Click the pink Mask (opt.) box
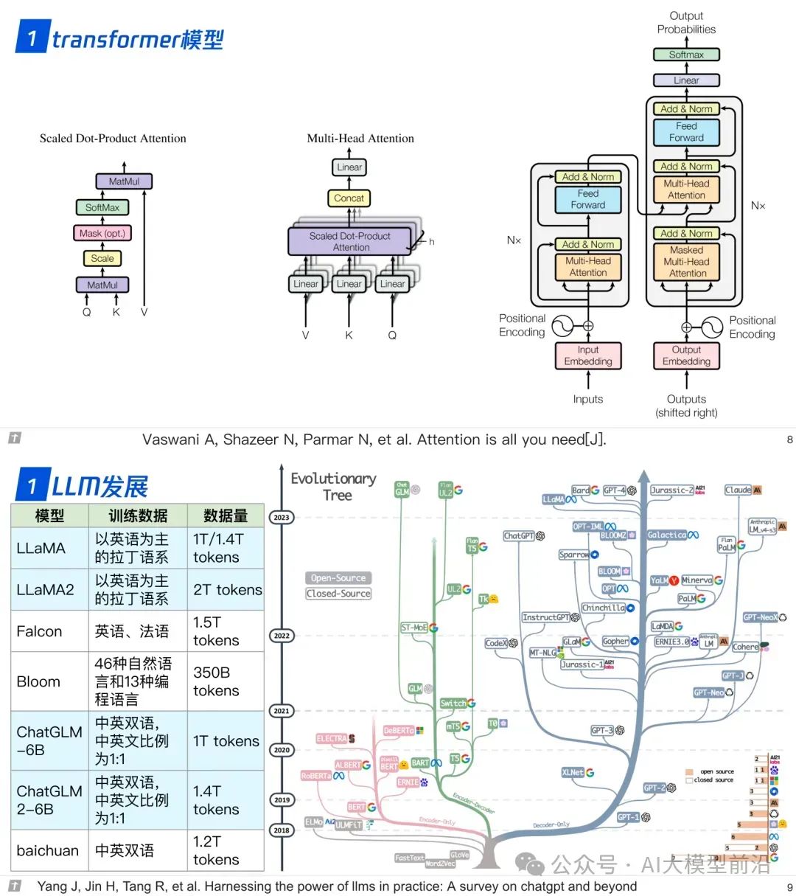coord(102,233)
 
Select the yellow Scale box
coord(102,258)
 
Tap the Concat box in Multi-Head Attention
coord(349,198)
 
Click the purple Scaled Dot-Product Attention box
coord(350,241)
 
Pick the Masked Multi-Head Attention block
coord(686,262)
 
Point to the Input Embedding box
coord(588,355)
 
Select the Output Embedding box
coord(686,355)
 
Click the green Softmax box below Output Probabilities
coord(686,55)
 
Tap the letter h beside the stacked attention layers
coord(432,242)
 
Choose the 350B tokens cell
coord(217,681)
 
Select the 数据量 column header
coord(226,515)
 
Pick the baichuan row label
coord(48,850)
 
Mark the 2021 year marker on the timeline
coord(282,711)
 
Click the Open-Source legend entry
coord(338,578)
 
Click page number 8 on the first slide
coord(789,440)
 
